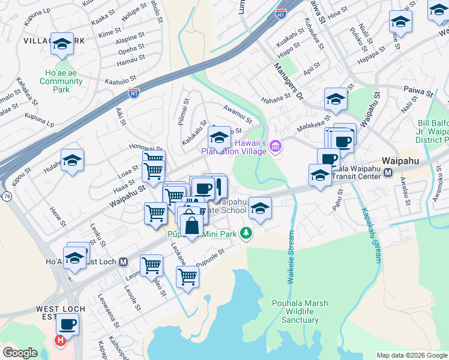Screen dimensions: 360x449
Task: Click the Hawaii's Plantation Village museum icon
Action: coord(276,146)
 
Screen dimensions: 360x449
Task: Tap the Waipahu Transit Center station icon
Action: coord(388,173)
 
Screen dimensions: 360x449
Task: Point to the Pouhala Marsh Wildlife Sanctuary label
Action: coord(300,311)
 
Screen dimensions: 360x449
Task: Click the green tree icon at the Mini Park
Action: coord(245,233)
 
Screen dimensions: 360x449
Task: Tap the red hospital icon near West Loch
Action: coord(59,341)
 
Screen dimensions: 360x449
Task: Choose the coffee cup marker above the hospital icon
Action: coord(67,325)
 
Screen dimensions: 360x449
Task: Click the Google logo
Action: coord(20,353)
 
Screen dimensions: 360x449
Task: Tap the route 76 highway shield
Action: coord(6,196)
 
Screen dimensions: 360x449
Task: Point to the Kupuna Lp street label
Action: coord(39,118)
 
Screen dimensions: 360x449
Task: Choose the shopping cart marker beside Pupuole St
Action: coord(187,277)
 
